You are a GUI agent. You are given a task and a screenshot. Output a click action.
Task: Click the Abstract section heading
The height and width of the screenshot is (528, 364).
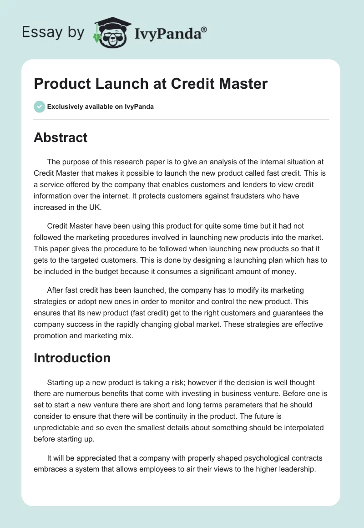click(61, 137)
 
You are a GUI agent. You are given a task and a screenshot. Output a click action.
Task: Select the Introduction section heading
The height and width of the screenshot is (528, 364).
click(72, 358)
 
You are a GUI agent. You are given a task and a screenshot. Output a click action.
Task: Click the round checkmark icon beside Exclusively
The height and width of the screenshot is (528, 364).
click(39, 107)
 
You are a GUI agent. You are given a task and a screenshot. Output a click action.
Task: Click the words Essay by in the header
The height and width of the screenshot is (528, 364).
click(53, 32)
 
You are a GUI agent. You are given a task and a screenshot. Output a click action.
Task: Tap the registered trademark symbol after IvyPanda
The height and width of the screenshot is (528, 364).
click(204, 30)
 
